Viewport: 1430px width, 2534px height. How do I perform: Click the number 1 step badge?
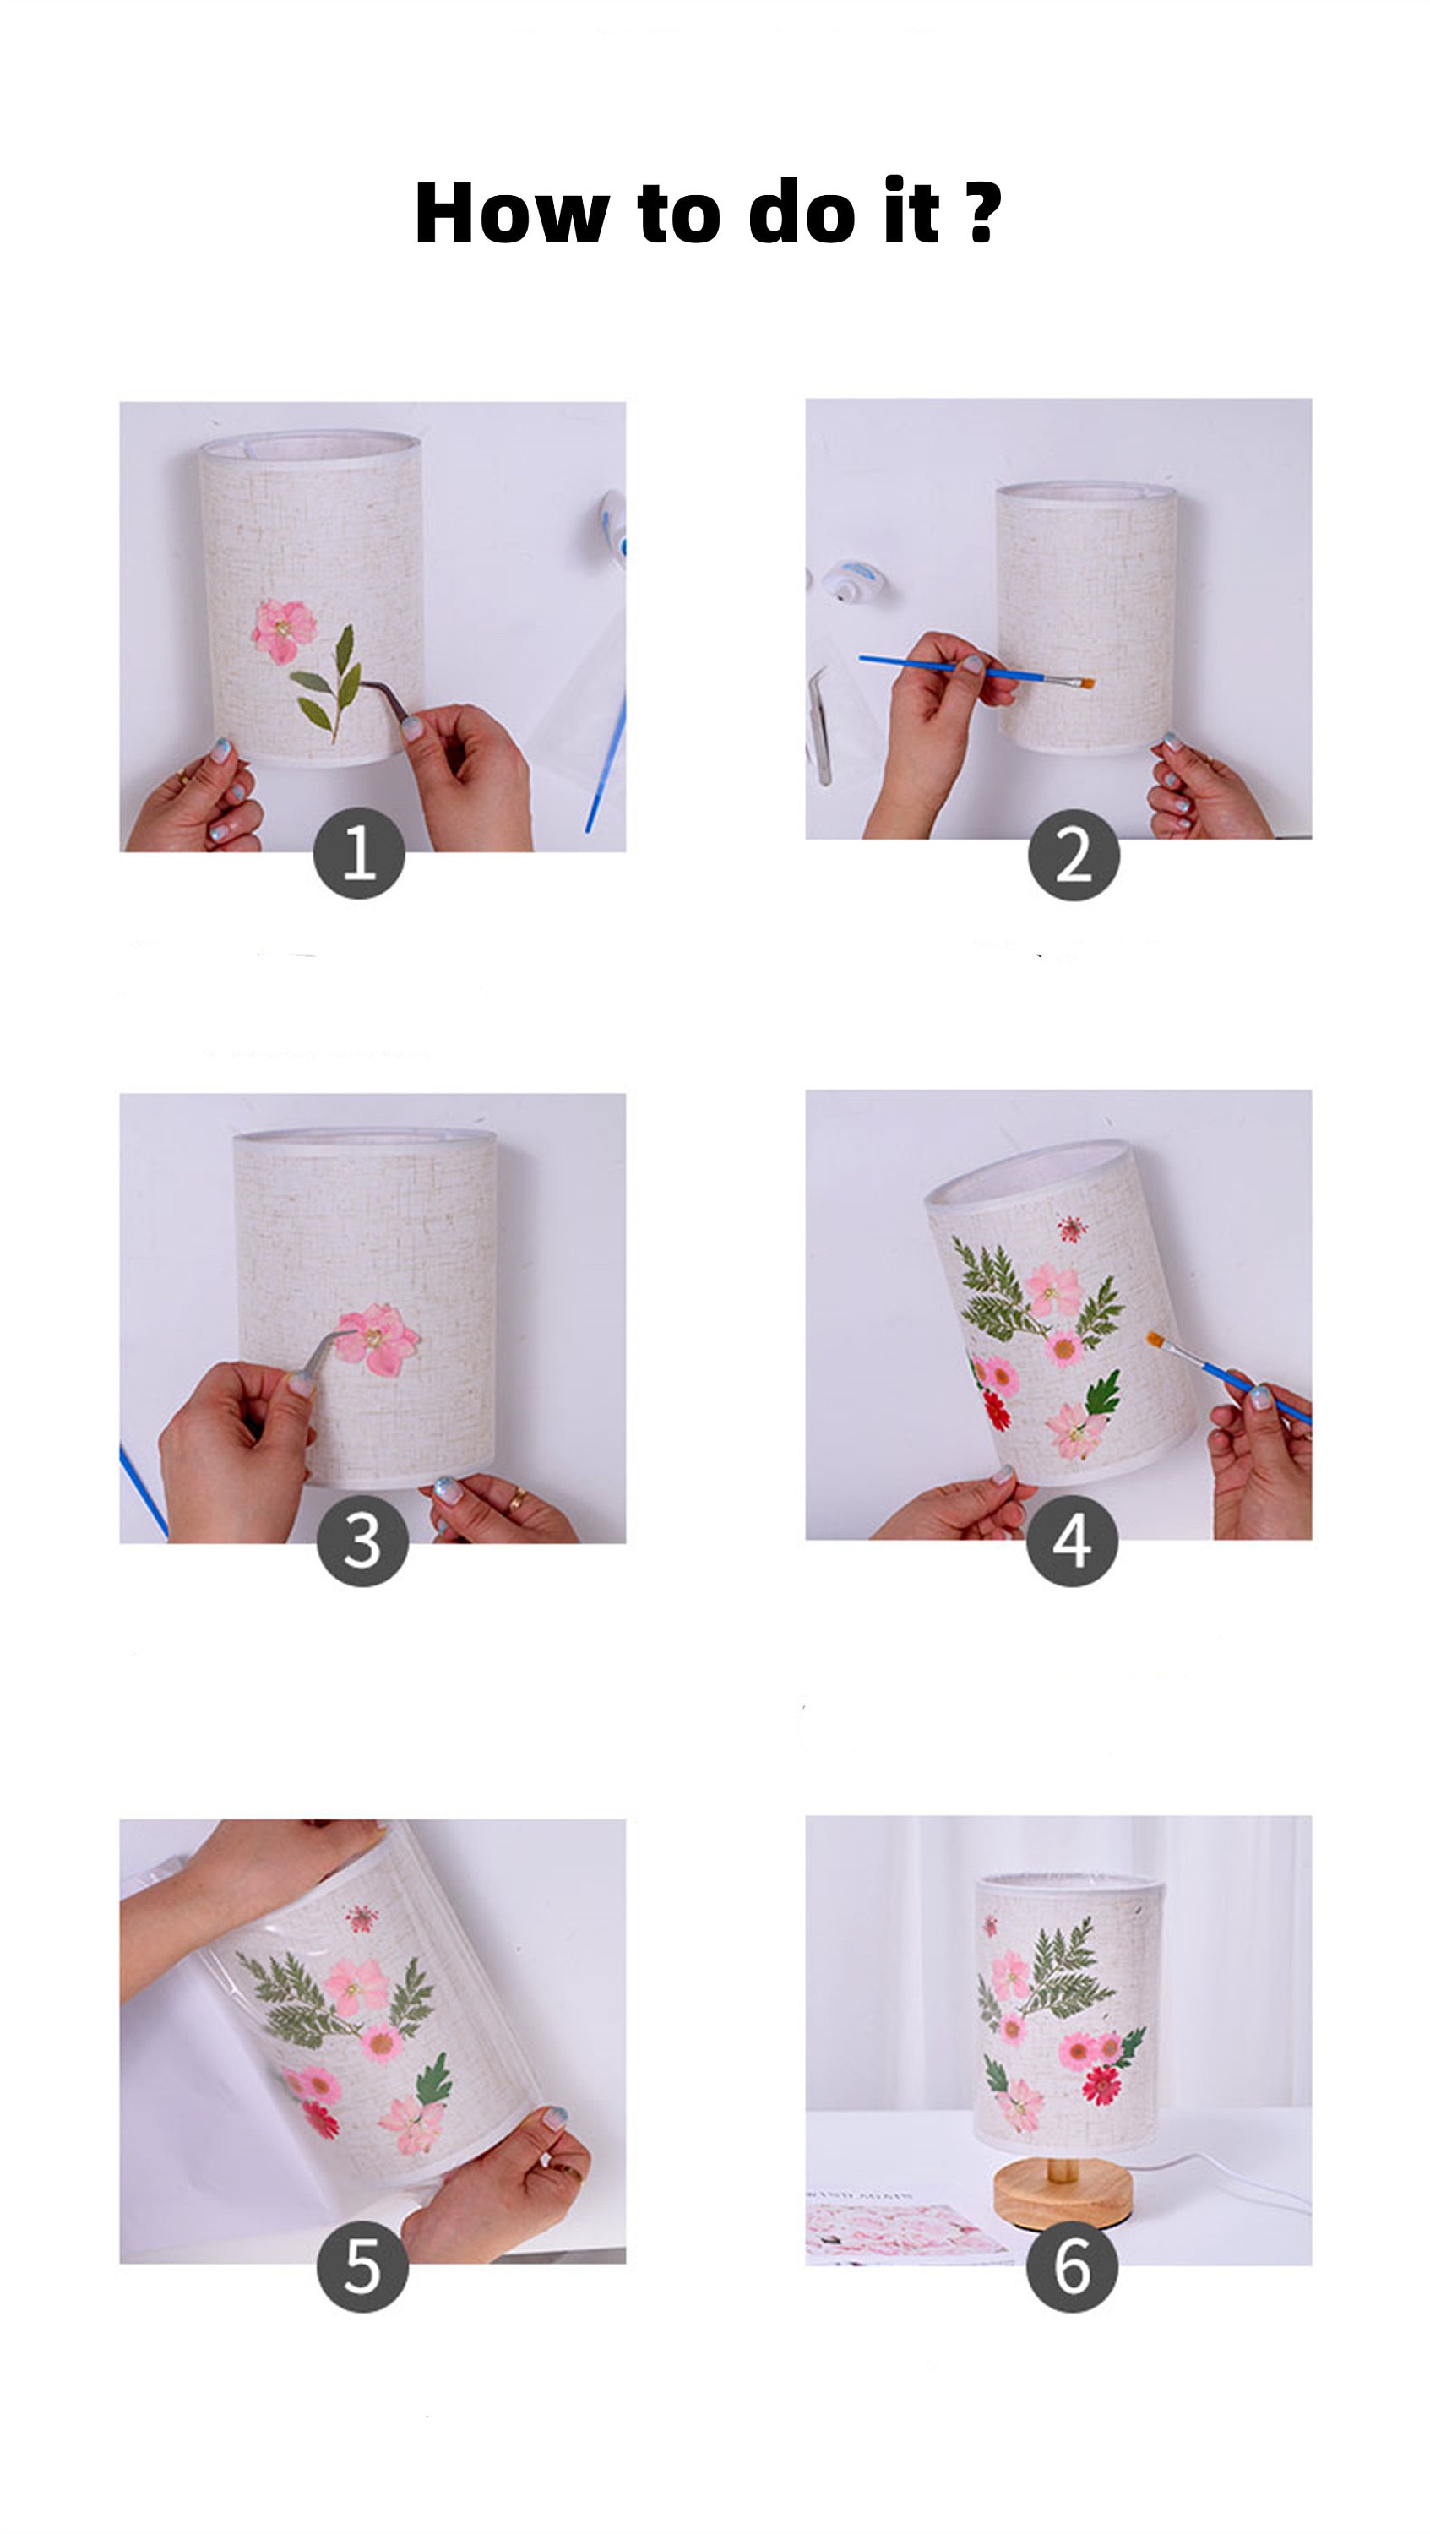(359, 852)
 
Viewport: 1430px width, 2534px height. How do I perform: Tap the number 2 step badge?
(1073, 854)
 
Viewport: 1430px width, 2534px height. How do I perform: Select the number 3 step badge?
(362, 1541)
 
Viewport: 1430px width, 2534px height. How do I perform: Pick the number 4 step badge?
(1071, 1541)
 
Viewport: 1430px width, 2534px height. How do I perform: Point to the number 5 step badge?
(362, 2266)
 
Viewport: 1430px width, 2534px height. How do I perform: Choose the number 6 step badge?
(1071, 2266)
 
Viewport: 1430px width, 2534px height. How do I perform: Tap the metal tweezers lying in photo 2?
(820, 726)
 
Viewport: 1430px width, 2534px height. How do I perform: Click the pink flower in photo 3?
(377, 1338)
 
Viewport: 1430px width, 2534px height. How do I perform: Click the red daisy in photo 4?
(997, 1411)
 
